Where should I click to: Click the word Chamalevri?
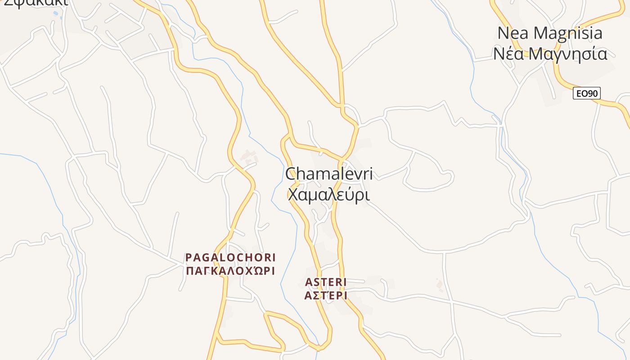coord(329,174)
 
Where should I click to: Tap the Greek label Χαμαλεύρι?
coord(328,195)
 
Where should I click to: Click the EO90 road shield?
coord(587,93)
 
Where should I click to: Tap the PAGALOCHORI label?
coord(230,257)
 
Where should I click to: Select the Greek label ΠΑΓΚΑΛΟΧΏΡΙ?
coord(230,271)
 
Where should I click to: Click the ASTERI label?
coord(326,282)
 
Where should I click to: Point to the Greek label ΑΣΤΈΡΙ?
coord(326,295)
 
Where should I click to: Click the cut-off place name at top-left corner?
coord(35,3)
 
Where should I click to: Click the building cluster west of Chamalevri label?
coord(249,156)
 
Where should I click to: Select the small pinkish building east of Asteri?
coord(439,283)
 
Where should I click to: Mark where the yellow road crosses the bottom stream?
coord(318,348)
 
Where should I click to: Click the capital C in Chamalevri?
coord(292,174)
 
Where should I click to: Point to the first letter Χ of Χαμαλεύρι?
coord(293,195)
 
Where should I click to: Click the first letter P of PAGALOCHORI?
coord(189,257)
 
